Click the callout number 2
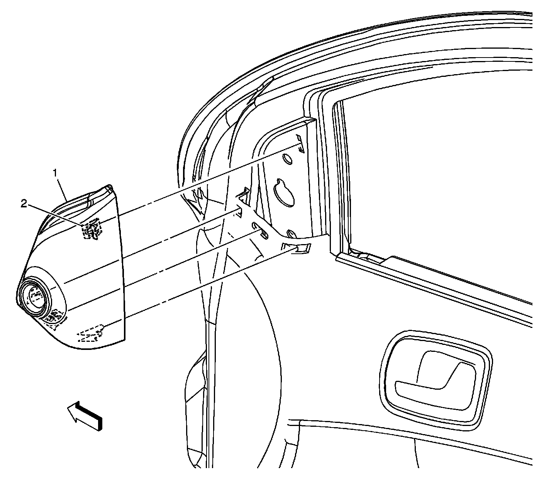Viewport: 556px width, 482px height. [24, 204]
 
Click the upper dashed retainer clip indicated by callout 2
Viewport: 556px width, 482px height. [92, 229]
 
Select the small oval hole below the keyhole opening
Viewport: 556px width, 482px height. [292, 234]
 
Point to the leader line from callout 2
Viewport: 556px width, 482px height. [54, 214]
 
